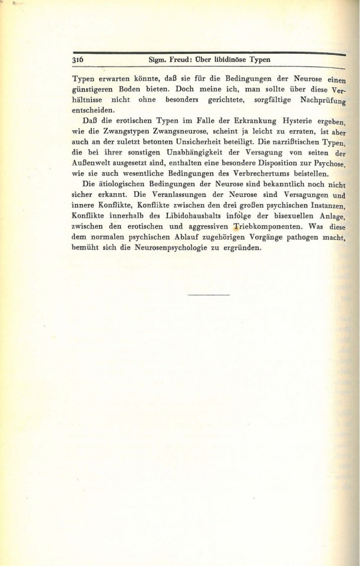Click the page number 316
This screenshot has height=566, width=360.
point(79,61)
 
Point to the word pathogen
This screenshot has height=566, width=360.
point(300,238)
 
